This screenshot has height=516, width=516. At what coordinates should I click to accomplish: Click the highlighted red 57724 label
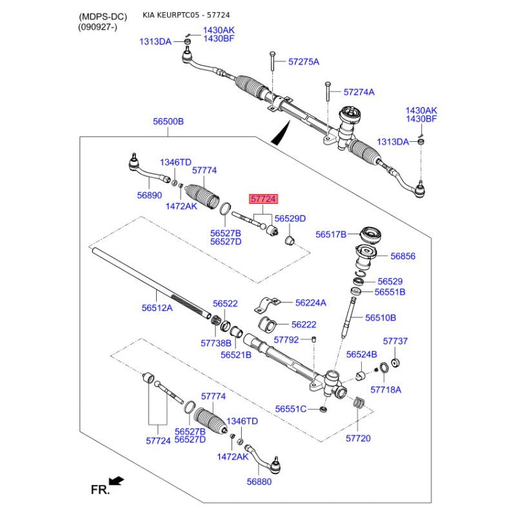(x=263, y=199)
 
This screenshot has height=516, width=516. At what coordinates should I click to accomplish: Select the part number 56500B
(x=168, y=121)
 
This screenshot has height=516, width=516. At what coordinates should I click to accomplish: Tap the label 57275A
(x=304, y=61)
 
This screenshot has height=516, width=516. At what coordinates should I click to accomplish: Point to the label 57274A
(x=359, y=92)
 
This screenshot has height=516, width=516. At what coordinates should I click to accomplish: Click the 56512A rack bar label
(x=157, y=308)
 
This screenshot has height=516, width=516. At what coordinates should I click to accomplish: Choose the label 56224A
(x=311, y=303)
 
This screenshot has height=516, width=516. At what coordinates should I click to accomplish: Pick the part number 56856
(x=402, y=256)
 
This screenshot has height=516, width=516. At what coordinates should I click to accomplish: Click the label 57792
(x=286, y=340)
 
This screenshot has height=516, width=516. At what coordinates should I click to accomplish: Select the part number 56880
(x=259, y=481)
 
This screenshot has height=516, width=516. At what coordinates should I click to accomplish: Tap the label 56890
(x=150, y=195)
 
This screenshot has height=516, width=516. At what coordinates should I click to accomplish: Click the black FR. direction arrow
(x=117, y=481)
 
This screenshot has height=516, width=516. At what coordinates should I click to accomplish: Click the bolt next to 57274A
(x=328, y=91)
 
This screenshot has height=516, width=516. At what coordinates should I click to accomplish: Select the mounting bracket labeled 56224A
(x=266, y=304)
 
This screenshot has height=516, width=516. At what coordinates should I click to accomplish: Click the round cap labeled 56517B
(x=371, y=235)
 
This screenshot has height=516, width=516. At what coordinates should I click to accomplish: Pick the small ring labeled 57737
(x=395, y=363)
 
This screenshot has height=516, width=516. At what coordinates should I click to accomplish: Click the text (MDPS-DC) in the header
(x=103, y=17)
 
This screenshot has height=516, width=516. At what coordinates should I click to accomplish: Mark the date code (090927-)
(x=98, y=27)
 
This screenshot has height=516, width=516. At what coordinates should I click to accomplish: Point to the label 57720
(x=358, y=439)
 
